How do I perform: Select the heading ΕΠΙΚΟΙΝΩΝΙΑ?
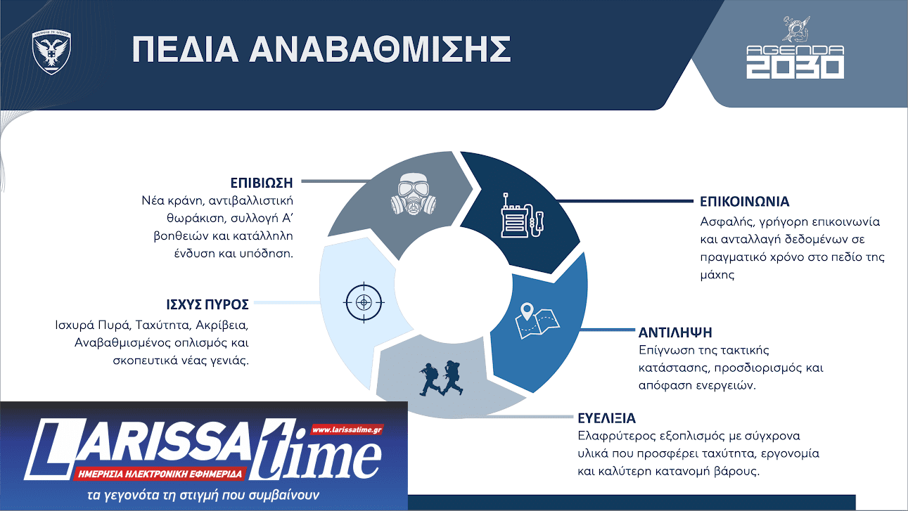point(744,202)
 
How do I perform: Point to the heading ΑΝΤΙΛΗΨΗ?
point(675,332)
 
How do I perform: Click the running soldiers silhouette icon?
point(440,380)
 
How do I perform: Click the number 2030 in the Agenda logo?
point(795,67)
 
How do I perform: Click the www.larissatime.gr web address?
point(346,429)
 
